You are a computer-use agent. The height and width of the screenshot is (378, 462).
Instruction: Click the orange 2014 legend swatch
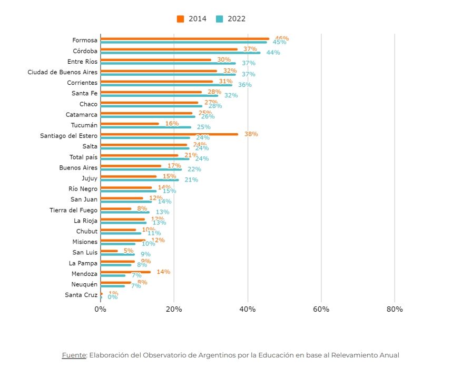pyautogui.click(x=180, y=19)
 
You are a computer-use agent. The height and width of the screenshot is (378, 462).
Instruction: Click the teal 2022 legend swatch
pyautogui.click(x=220, y=19)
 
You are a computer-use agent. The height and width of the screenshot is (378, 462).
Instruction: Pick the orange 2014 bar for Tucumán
pyautogui.click(x=130, y=124)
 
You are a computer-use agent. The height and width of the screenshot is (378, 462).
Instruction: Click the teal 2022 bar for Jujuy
pyautogui.click(x=140, y=180)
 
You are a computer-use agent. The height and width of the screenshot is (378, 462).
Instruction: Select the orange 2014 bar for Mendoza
pyautogui.click(x=125, y=272)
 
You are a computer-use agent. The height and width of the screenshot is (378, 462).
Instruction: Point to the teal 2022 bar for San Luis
pyautogui.click(x=117, y=254)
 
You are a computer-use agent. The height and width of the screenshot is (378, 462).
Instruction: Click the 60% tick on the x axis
pyautogui.click(x=321, y=309)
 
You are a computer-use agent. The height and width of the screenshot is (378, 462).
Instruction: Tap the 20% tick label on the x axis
pyautogui.click(x=174, y=309)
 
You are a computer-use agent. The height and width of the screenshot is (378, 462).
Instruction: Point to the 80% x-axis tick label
pyautogui.click(x=395, y=309)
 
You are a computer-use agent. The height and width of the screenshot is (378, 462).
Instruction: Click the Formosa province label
pyautogui.click(x=85, y=40)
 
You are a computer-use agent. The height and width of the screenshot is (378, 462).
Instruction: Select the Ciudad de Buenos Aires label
pyautogui.click(x=62, y=72)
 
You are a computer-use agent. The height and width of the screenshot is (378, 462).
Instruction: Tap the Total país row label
pyautogui.click(x=83, y=157)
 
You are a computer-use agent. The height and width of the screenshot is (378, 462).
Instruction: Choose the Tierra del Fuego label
pyautogui.click(x=73, y=210)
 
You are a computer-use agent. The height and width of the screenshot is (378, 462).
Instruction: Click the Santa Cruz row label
pyautogui.click(x=81, y=295)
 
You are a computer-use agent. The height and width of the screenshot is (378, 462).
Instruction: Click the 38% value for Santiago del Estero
pyautogui.click(x=251, y=134)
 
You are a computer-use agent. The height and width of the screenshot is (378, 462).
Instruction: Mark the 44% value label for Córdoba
pyautogui.click(x=273, y=53)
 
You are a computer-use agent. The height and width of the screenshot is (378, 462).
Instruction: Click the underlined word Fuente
pyautogui.click(x=74, y=355)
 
